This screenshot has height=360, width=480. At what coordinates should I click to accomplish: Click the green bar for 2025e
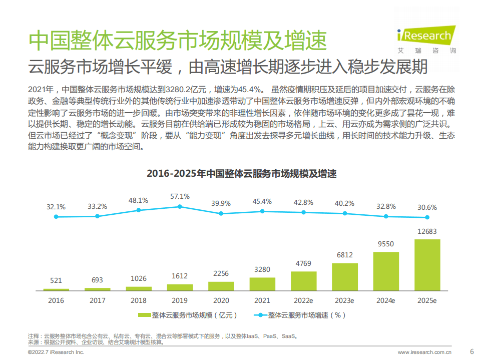(x=427, y=265)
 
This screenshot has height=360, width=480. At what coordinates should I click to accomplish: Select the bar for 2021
(x=262, y=284)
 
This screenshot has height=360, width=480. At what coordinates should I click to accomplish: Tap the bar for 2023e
(x=345, y=277)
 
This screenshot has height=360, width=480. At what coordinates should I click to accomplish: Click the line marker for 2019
(x=180, y=206)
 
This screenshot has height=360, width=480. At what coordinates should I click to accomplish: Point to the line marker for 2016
(x=56, y=217)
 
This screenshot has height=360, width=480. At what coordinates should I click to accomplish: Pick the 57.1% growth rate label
(x=180, y=196)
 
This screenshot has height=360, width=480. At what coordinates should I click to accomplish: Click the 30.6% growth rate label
(x=427, y=207)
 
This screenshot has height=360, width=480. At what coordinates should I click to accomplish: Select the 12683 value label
(x=427, y=231)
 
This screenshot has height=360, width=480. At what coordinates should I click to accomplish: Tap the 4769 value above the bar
(x=303, y=263)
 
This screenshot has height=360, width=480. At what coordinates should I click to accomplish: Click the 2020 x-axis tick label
(x=221, y=300)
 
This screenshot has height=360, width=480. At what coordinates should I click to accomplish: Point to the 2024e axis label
(x=386, y=300)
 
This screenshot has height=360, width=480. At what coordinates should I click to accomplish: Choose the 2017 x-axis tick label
(x=98, y=300)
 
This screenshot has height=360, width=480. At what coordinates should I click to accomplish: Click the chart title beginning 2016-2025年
(x=241, y=174)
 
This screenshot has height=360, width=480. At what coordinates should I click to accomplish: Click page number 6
(x=471, y=350)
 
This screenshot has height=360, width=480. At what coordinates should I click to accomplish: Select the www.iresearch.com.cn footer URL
(x=427, y=352)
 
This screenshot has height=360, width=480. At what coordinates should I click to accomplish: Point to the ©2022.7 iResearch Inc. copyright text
(x=56, y=352)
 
